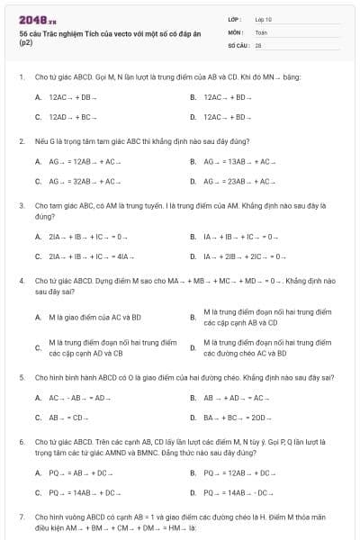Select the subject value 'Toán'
click(261, 31)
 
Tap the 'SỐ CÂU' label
click(238, 44)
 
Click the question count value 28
click(258, 44)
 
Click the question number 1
click(21, 77)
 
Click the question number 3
click(21, 206)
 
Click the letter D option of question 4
click(193, 347)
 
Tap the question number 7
click(21, 517)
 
